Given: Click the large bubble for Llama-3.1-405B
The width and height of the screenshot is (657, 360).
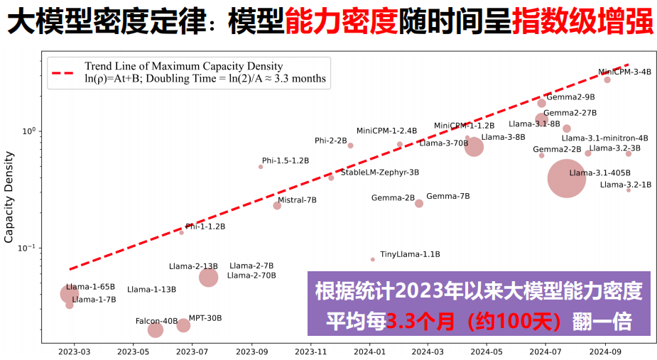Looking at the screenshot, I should click(x=566, y=178).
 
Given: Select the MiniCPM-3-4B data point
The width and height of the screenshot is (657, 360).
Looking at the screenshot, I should click(x=607, y=80).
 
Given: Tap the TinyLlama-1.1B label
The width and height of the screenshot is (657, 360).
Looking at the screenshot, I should click(x=410, y=253).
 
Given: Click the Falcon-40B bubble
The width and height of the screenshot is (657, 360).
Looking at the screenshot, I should click(x=156, y=330).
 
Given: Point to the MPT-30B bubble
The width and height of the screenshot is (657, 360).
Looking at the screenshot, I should click(x=183, y=325).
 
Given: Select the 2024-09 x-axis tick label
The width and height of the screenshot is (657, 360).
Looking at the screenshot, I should click(x=605, y=351).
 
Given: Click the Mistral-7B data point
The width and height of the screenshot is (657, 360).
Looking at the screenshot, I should click(x=277, y=205).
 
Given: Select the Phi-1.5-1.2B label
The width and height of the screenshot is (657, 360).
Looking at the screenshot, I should click(x=285, y=160).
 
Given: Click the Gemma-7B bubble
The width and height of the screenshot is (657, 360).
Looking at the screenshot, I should click(x=419, y=203).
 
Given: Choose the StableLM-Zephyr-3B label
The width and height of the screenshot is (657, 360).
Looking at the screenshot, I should click(x=379, y=172).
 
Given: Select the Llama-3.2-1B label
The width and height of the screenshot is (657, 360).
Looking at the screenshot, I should click(x=625, y=185).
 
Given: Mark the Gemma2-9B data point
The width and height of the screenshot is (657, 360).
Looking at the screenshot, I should click(x=542, y=103).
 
